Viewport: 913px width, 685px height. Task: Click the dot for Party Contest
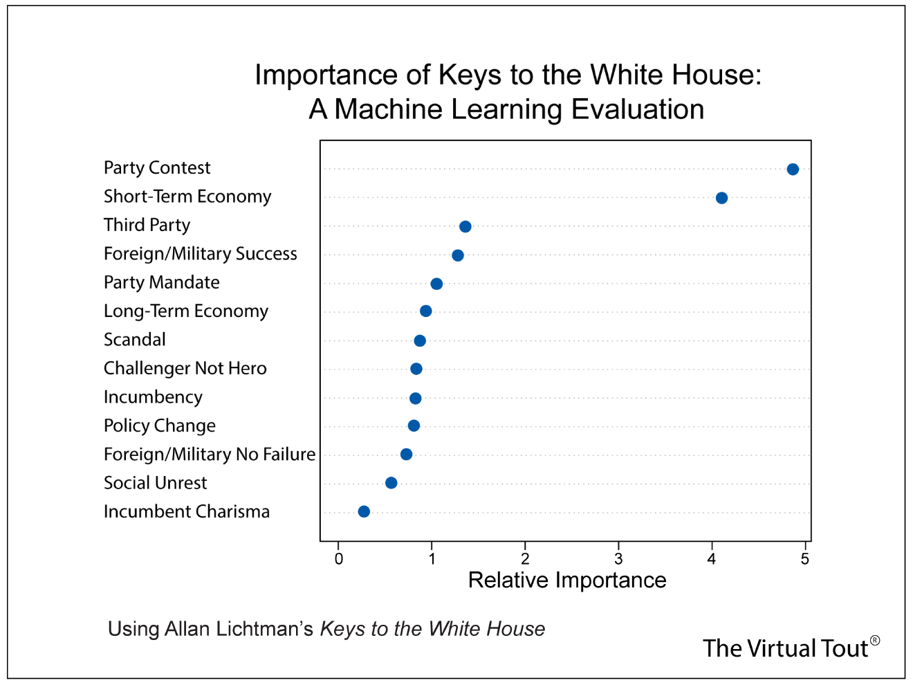click(x=793, y=170)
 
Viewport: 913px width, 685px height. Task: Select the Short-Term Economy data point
click(x=721, y=198)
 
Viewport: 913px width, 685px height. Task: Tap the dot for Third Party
click(x=465, y=227)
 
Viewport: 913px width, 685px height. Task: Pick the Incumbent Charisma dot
click(x=364, y=511)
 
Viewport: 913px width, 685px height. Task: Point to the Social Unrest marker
click(x=391, y=483)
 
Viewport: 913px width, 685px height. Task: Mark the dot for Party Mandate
click(x=436, y=284)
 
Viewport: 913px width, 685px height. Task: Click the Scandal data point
click(x=420, y=340)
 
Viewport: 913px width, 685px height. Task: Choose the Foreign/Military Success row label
click(x=200, y=254)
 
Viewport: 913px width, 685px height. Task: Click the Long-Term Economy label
click(x=185, y=311)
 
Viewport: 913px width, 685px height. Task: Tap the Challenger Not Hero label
click(x=185, y=368)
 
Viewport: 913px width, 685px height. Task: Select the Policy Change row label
click(x=159, y=426)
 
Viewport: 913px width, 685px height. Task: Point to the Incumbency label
click(x=153, y=397)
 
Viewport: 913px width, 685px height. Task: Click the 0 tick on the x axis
click(x=339, y=559)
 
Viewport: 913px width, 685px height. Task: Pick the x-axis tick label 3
click(x=618, y=559)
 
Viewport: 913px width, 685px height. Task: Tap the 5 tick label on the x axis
click(x=805, y=559)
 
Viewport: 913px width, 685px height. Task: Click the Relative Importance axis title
click(x=567, y=580)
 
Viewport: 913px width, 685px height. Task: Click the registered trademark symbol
click(x=875, y=641)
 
